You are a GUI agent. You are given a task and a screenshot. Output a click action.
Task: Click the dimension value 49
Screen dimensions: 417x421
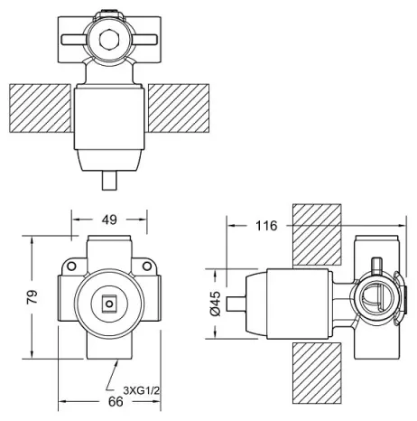(109, 220)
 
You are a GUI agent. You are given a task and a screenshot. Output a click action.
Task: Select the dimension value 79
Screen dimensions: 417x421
(32, 296)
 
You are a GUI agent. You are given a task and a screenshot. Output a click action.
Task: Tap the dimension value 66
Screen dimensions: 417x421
(116, 401)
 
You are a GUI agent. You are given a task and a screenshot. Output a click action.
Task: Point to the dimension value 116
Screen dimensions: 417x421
(266, 225)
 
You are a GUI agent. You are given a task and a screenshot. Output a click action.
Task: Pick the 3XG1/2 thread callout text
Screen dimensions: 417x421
(141, 390)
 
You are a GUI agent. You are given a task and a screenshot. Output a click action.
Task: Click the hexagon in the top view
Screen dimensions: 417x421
(109, 39)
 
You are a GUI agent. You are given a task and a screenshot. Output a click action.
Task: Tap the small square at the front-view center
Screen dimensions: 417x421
(109, 304)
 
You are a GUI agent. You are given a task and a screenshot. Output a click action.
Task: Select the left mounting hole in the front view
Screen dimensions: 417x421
(71, 266)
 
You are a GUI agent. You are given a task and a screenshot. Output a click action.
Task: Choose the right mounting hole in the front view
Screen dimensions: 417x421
(147, 266)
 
